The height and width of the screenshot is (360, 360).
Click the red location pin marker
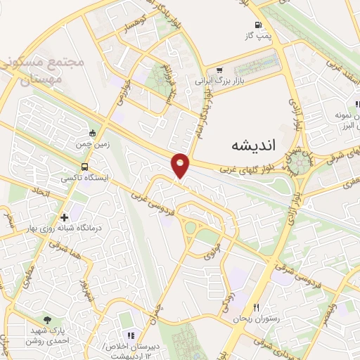click(181, 165)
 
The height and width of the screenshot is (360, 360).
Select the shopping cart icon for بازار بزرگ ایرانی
click(219, 70)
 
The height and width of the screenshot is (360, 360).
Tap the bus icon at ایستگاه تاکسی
click(84, 167)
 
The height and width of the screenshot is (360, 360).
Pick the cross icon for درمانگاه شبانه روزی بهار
click(65, 217)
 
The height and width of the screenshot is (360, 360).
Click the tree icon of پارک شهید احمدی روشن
click(47, 320)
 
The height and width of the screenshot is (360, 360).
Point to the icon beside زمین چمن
click(92, 134)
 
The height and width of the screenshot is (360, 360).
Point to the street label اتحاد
click(41, 191)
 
